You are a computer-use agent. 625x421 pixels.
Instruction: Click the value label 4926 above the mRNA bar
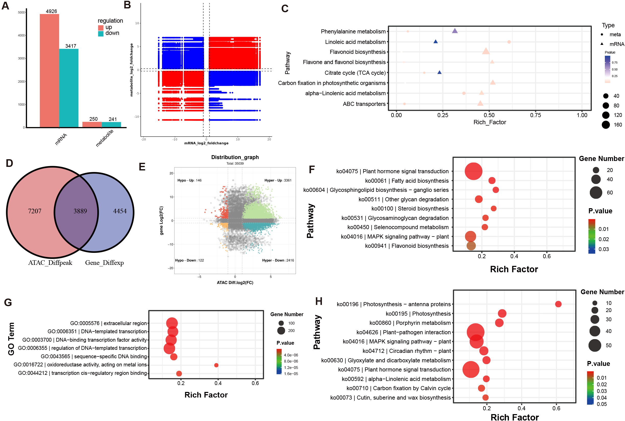[x=51, y=11]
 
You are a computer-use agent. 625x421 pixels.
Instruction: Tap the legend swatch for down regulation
[x=101, y=34]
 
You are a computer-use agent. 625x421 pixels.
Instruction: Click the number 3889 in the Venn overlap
[x=80, y=211]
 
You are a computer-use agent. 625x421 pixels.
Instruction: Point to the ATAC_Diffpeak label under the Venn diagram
[x=50, y=263]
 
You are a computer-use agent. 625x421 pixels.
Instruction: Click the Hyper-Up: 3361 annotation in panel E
[x=278, y=180]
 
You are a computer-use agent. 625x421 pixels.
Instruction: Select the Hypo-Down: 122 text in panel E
[x=189, y=261]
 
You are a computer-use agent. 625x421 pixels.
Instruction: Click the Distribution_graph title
[x=235, y=157]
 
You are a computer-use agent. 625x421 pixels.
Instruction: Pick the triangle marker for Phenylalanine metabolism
[x=455, y=31]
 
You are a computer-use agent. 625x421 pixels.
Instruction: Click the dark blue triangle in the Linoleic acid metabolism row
[x=435, y=42]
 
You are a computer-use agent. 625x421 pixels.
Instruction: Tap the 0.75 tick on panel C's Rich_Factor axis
[x=535, y=115]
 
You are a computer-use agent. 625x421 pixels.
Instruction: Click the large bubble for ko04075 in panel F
[x=473, y=171]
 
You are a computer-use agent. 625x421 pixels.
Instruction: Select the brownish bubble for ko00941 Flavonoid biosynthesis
[x=471, y=246]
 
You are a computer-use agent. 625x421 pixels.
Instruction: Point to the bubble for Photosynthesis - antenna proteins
[x=558, y=304]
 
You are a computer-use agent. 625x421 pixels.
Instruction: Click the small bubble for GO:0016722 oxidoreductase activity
[x=216, y=365]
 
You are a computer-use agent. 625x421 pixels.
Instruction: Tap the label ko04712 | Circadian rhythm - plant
[x=406, y=351]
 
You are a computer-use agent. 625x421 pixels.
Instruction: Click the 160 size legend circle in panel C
[x=606, y=125]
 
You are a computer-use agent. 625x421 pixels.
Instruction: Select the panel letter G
[x=8, y=303]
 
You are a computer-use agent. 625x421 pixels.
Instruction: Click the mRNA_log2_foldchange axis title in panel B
[x=206, y=143]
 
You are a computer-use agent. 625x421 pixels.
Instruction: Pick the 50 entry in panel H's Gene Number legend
[x=595, y=345]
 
